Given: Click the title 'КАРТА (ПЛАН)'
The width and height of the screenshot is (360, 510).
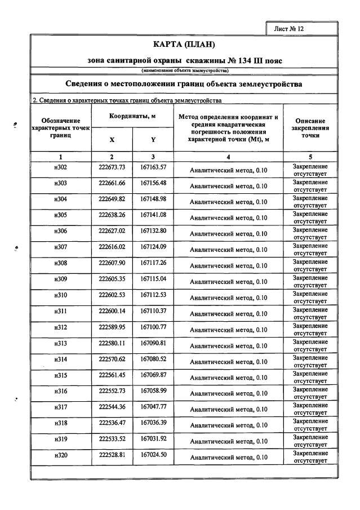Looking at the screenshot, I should click(184, 45).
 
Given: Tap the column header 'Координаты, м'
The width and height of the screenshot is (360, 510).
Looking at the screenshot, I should click(132, 116).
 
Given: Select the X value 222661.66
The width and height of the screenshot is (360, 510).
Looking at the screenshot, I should click(112, 184).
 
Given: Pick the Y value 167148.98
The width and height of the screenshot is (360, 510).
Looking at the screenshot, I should click(153, 200).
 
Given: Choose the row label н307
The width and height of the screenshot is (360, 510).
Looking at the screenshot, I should click(60, 247).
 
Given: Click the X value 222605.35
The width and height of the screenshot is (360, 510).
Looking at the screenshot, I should click(112, 279).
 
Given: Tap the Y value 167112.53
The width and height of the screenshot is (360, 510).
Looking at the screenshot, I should click(153, 295).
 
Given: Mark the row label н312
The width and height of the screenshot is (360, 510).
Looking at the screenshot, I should click(60, 327).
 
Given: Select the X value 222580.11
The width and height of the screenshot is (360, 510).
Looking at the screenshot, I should click(112, 343).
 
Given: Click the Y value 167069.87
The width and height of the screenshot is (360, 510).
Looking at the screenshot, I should click(153, 375).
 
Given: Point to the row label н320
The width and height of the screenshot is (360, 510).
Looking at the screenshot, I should click(60, 455).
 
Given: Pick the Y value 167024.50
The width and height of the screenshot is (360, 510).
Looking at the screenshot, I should click(153, 455).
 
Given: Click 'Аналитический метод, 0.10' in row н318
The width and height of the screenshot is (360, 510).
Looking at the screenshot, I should click(228, 425).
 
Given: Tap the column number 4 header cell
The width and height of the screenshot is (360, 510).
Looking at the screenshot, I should click(228, 156).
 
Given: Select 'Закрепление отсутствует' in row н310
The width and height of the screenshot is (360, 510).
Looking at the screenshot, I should click(310, 297).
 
